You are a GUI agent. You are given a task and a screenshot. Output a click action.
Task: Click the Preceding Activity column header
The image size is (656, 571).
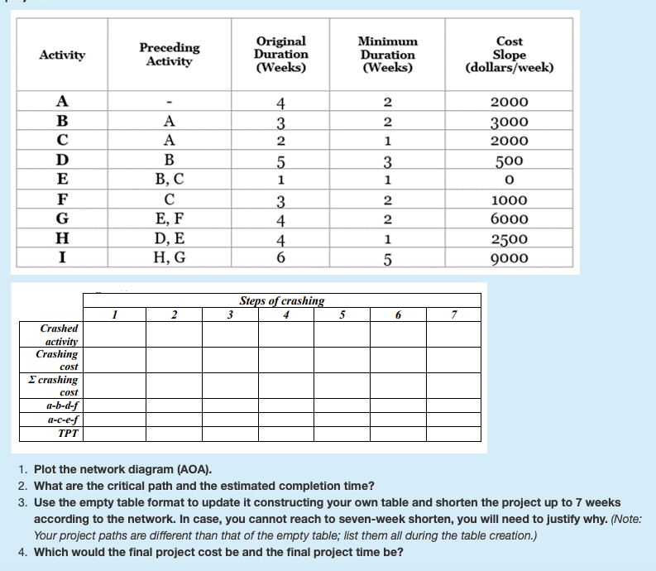[x=169, y=55]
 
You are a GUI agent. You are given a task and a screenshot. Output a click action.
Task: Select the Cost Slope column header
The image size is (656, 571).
[x=509, y=54]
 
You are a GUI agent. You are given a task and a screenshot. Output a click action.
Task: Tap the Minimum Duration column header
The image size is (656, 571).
[x=387, y=54]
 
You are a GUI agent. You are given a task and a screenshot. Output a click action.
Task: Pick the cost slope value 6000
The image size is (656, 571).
[x=509, y=219]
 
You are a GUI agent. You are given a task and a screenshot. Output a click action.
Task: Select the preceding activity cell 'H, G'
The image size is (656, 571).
[x=169, y=257]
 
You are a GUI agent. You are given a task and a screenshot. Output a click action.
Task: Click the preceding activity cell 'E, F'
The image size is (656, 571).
[x=169, y=219]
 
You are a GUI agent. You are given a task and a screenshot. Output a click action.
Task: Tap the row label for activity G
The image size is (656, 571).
[x=61, y=219]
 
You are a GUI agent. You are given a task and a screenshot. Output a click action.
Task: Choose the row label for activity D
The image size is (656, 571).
[x=61, y=160]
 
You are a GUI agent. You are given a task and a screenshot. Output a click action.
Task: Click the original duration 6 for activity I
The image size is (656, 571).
[x=281, y=257]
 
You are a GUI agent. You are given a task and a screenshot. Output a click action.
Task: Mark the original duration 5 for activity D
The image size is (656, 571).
[x=281, y=161]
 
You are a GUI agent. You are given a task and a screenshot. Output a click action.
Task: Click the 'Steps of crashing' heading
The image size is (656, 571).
[x=281, y=300]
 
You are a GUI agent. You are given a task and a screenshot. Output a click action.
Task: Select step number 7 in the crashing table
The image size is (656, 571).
[x=453, y=314]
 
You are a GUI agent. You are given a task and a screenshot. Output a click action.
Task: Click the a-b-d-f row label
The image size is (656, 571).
[x=62, y=405]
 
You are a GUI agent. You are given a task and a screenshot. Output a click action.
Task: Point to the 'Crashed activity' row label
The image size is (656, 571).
[x=60, y=334]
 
